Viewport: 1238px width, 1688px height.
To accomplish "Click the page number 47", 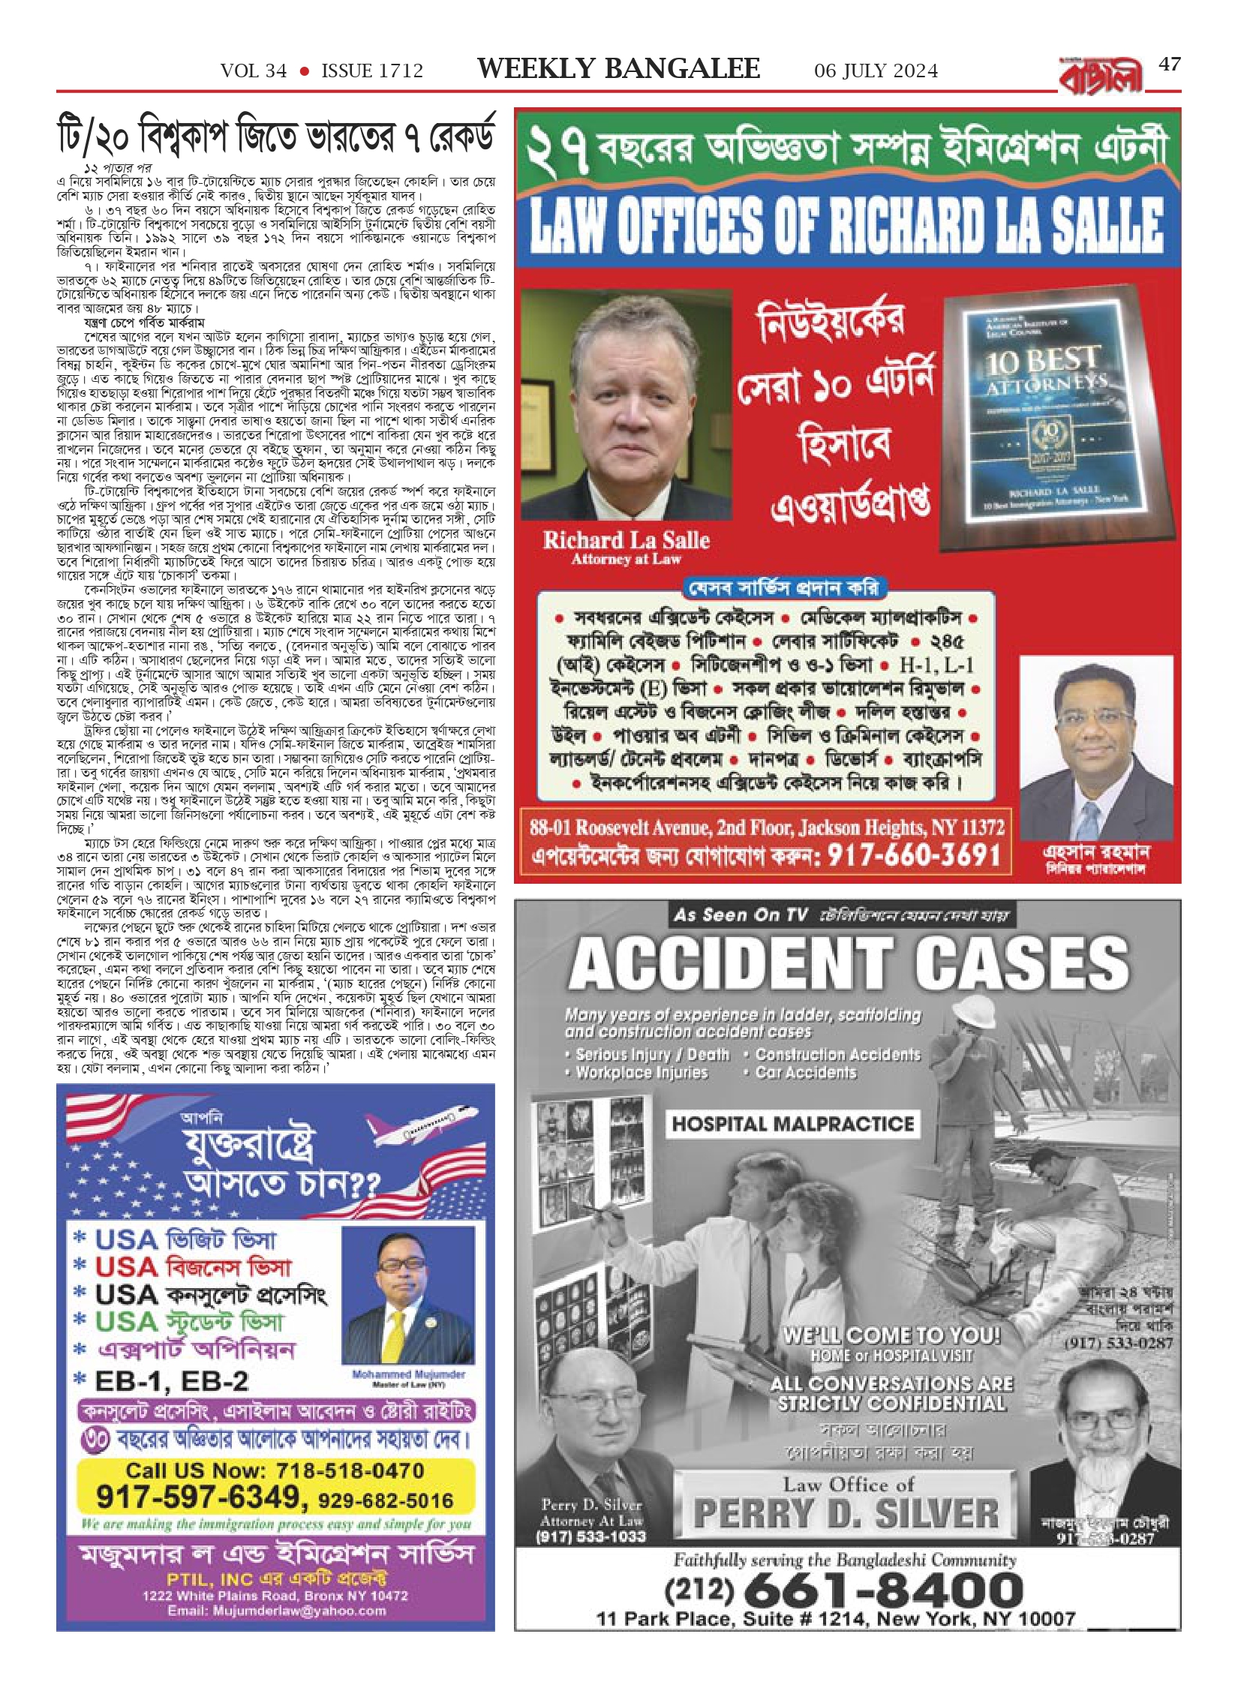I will [x=1170, y=65].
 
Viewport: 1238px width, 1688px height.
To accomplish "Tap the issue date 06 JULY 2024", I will [x=876, y=71].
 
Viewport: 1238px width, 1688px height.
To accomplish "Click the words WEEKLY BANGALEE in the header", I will [x=618, y=69].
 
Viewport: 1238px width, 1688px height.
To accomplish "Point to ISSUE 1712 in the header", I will [x=372, y=71].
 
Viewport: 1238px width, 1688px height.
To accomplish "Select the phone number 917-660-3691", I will [x=914, y=855].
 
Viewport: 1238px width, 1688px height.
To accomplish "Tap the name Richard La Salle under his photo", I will [x=626, y=540].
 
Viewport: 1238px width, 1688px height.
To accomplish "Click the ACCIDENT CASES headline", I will [x=848, y=964].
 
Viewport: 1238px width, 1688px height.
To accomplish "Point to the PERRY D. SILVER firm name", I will [x=846, y=1514].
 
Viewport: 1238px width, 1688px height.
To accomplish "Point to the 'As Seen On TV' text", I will [x=741, y=915].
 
